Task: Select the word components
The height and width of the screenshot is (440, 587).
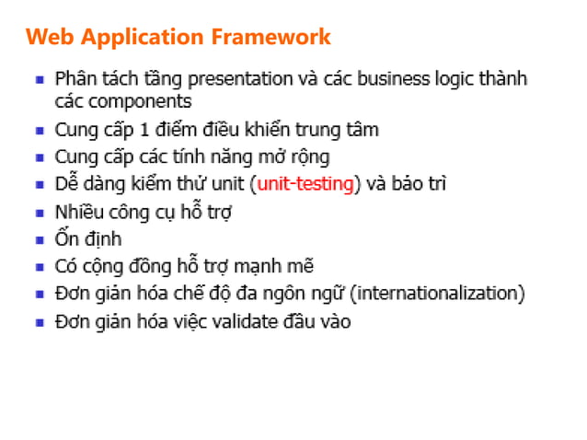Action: pos(135,101)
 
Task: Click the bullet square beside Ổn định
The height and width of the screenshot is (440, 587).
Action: pos(40,241)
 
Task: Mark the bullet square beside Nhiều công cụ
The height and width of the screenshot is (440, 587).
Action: pos(40,214)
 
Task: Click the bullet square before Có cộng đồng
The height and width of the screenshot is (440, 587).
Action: pos(40,269)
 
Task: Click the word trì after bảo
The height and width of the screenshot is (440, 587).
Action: pos(435,184)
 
